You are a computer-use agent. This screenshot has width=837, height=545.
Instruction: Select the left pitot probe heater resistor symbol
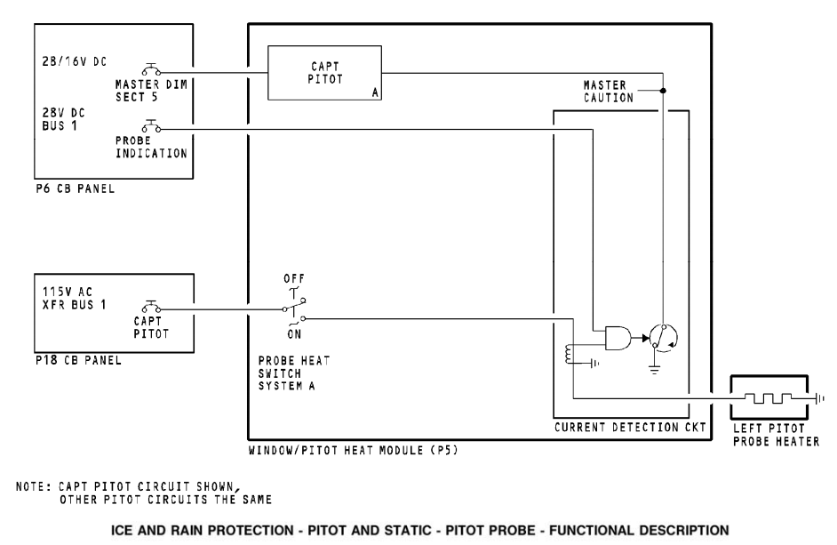pos(769,397)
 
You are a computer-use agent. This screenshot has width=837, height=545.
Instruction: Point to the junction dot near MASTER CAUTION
pos(664,90)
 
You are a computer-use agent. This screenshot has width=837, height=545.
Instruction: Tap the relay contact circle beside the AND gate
pos(661,336)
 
